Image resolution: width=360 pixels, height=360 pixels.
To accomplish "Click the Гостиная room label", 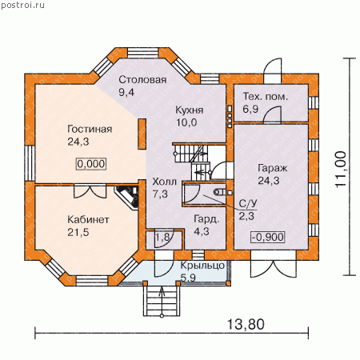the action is point(90,129).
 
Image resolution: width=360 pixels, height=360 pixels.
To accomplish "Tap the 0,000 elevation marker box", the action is point(91,163).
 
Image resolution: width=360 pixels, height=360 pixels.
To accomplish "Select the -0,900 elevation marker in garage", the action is point(268,237).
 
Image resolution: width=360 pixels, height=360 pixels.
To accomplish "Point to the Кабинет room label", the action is point(88,220).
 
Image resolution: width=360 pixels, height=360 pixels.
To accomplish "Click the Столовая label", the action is point(142,79).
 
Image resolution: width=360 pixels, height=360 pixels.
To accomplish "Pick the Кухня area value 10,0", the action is point(186,122).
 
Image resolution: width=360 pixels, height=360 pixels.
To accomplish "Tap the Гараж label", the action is point(272,168).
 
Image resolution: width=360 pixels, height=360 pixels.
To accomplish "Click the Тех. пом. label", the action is point(266,96).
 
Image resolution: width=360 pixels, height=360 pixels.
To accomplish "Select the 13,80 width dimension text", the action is point(246,324).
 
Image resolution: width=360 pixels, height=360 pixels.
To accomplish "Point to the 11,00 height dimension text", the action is point(341,170).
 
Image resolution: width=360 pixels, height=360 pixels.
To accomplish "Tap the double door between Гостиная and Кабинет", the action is point(90,191).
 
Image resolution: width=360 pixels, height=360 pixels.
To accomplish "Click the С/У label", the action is point(248,204).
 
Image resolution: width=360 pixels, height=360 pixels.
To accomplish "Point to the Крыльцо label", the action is point(202,266).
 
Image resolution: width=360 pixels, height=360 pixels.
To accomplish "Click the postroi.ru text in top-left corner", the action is point(23,5).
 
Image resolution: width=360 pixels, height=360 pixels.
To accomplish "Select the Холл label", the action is point(164,182).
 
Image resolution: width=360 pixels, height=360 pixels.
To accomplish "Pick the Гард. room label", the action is point(207,219).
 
